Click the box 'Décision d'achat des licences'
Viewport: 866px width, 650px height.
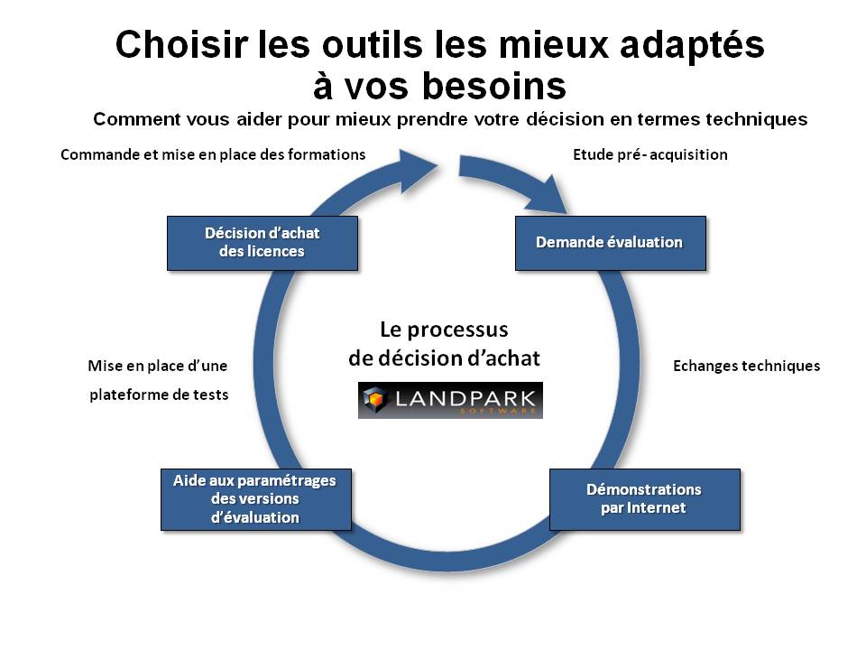click(x=263, y=243)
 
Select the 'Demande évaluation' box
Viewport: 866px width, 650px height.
click(x=611, y=243)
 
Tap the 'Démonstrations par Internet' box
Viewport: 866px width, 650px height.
click(x=644, y=499)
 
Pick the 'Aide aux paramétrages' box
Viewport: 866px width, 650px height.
click(x=255, y=499)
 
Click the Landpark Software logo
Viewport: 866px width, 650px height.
click(x=450, y=400)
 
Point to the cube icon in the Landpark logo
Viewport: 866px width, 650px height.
click(x=375, y=400)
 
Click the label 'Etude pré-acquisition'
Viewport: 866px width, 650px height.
click(x=650, y=154)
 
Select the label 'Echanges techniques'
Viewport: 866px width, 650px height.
click(x=746, y=366)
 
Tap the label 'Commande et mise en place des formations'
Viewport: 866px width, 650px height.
click(x=213, y=154)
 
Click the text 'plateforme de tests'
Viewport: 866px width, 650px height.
click(x=159, y=395)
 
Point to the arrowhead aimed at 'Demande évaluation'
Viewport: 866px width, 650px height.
click(x=548, y=196)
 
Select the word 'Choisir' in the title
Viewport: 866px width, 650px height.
click(x=181, y=44)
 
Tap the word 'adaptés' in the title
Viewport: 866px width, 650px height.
click(x=692, y=45)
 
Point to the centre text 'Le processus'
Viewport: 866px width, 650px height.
click(x=444, y=330)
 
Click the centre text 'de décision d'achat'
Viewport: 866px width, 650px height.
click(x=444, y=358)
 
